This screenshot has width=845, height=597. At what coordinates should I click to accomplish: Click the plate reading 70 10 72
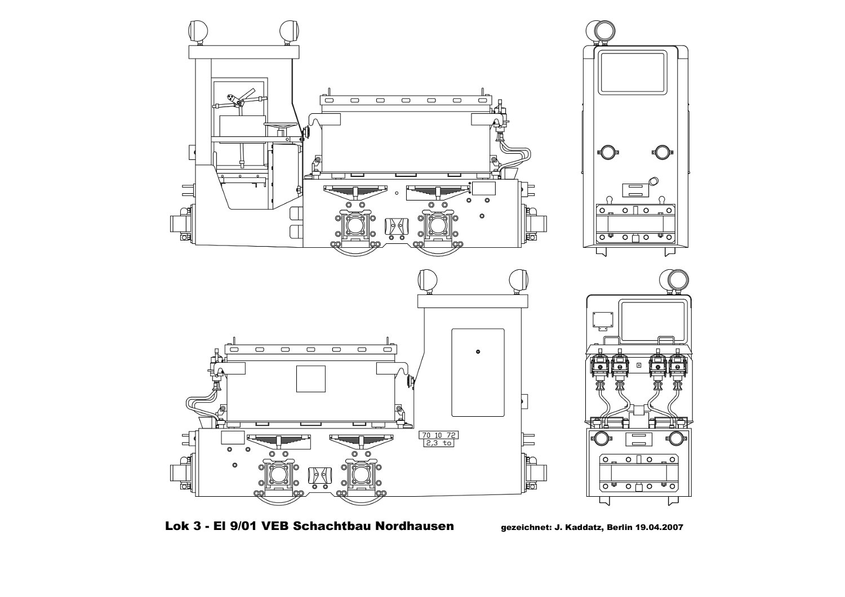point(438,435)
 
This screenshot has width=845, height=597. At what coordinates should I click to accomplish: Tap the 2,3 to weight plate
point(438,443)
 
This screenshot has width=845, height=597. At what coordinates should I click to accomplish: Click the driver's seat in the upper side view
point(281,125)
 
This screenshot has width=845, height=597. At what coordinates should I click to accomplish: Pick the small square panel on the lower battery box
point(311,378)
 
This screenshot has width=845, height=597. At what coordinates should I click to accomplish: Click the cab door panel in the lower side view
point(478,373)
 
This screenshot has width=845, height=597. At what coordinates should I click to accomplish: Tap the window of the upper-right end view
point(632,73)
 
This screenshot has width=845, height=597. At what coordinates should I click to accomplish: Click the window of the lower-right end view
point(653,323)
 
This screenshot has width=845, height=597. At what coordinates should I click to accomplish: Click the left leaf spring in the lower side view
point(279,441)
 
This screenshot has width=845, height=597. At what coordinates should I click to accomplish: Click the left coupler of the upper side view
point(183,224)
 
